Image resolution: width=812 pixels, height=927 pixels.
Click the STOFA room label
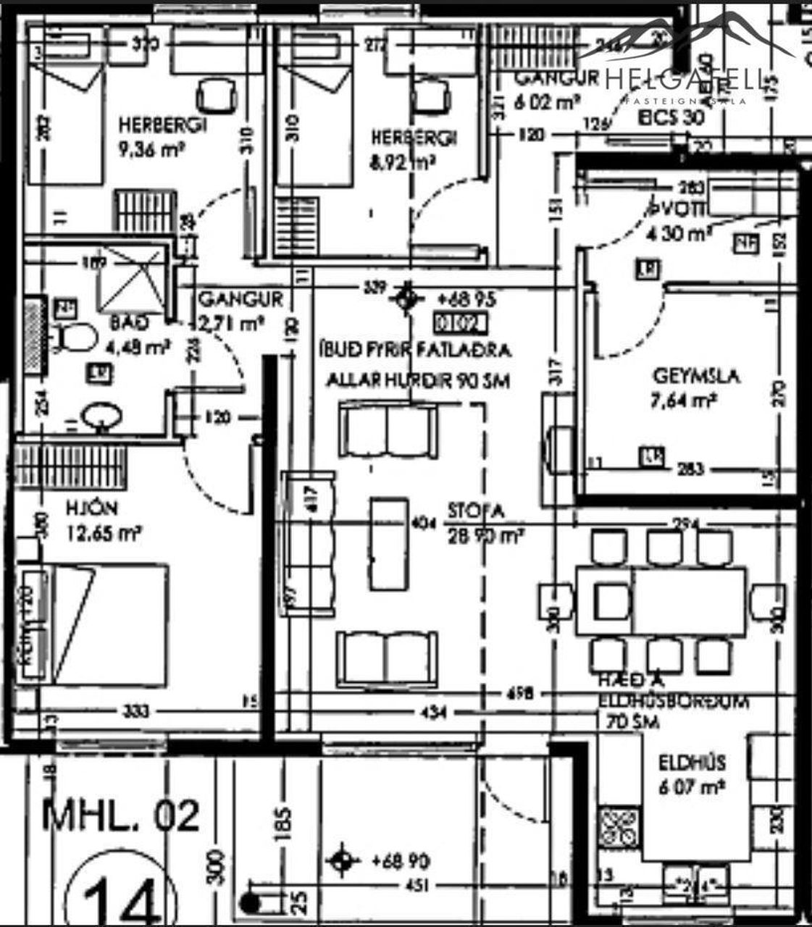click(x=475, y=511)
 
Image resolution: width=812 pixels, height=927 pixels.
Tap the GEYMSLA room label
click(x=685, y=377)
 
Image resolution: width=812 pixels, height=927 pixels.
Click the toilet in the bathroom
click(x=76, y=337)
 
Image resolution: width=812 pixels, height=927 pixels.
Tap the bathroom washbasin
click(x=101, y=418)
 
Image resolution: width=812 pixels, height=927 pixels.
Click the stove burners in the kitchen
click(x=619, y=827)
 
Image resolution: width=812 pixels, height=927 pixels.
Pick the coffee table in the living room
click(x=389, y=542)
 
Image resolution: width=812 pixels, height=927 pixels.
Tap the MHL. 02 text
click(x=121, y=815)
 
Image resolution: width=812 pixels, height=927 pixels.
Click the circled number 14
click(x=120, y=897)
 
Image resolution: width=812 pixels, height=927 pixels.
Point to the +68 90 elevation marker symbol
click(x=343, y=862)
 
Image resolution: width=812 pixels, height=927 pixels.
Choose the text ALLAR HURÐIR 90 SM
click(x=419, y=380)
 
